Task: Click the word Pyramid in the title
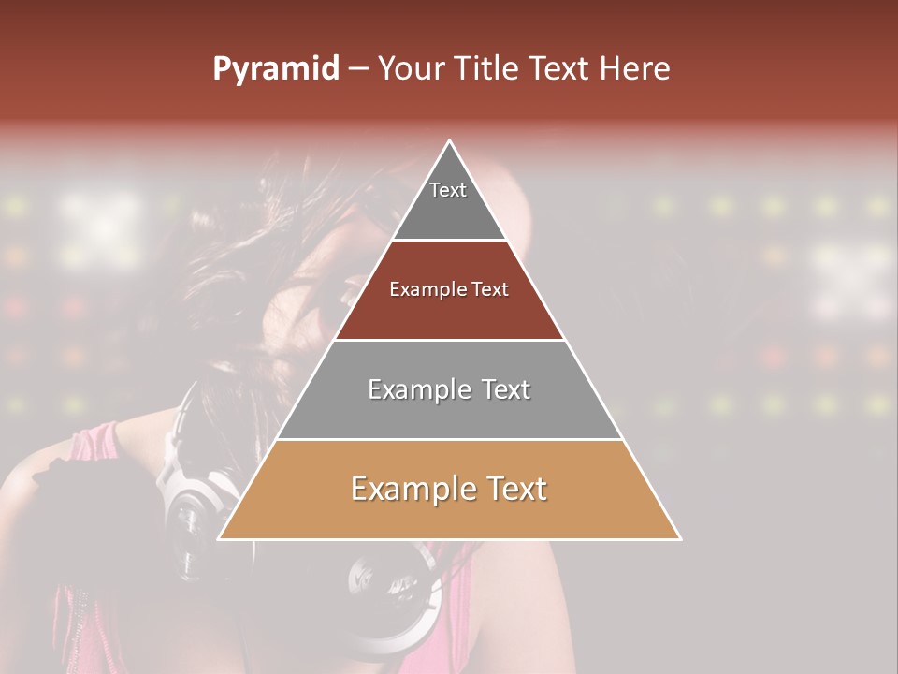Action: [275, 69]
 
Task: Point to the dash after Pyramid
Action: [357, 69]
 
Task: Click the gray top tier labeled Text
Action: [449, 206]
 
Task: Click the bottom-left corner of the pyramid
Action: [220, 538]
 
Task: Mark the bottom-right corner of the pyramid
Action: [679, 538]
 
